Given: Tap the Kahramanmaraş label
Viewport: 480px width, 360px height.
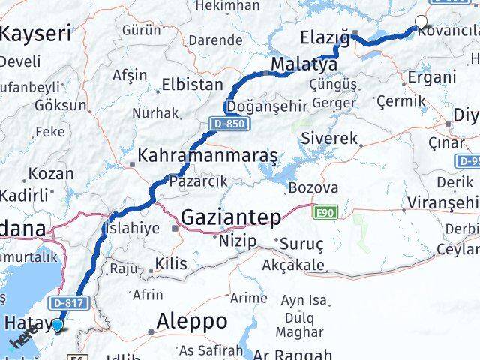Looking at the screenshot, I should (208, 157).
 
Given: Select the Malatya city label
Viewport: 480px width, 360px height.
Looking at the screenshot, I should (304, 63).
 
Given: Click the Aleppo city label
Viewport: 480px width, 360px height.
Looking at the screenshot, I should (192, 321).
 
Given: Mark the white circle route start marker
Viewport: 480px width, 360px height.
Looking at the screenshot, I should (421, 22).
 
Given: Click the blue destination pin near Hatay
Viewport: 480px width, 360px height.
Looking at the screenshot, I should (58, 325).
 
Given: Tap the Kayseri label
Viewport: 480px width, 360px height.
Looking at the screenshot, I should (36, 33).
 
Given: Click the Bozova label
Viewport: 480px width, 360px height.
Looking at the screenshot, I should (313, 187).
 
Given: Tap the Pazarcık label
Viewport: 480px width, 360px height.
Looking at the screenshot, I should (197, 181).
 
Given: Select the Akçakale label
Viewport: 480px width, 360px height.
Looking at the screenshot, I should (293, 265).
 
